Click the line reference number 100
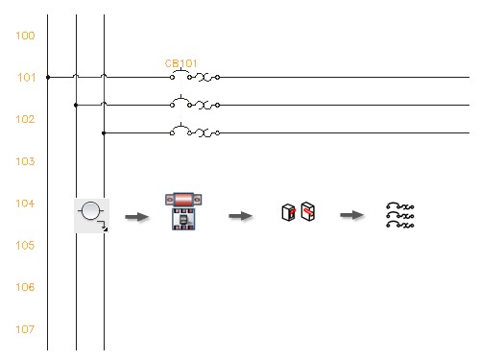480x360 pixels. click(26, 36)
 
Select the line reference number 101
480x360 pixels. click(26, 78)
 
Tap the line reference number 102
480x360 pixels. click(26, 119)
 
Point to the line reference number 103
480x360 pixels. click(26, 161)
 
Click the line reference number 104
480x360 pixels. click(26, 204)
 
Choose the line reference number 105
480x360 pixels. click(26, 245)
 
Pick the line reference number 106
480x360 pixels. click(26, 287)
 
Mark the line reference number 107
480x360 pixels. click(26, 329)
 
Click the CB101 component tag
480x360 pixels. click(180, 64)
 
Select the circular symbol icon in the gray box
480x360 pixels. click(92, 214)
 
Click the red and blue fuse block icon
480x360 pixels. click(182, 212)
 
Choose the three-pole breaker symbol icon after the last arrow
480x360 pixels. click(399, 215)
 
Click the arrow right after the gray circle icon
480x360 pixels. click(137, 217)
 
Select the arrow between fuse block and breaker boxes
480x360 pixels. click(240, 216)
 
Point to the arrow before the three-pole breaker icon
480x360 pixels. click(352, 216)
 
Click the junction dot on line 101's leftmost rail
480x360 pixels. click(47, 77)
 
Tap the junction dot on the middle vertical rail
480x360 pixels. click(76, 105)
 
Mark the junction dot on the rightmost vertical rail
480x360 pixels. click(104, 132)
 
